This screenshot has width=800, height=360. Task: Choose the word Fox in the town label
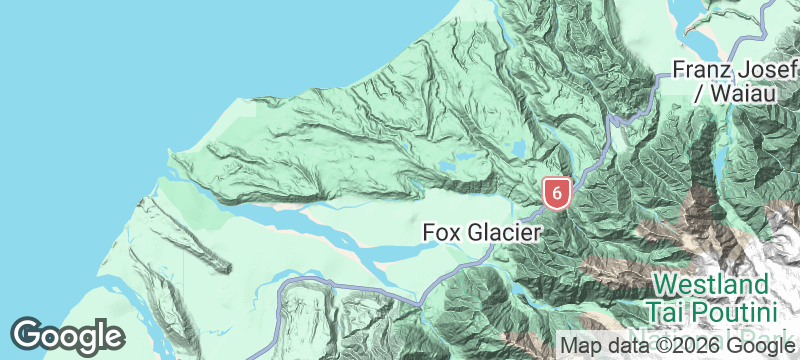pos(441,232)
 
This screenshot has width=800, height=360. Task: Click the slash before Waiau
pos(699,94)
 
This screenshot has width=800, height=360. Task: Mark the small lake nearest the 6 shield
pos(518,151)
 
